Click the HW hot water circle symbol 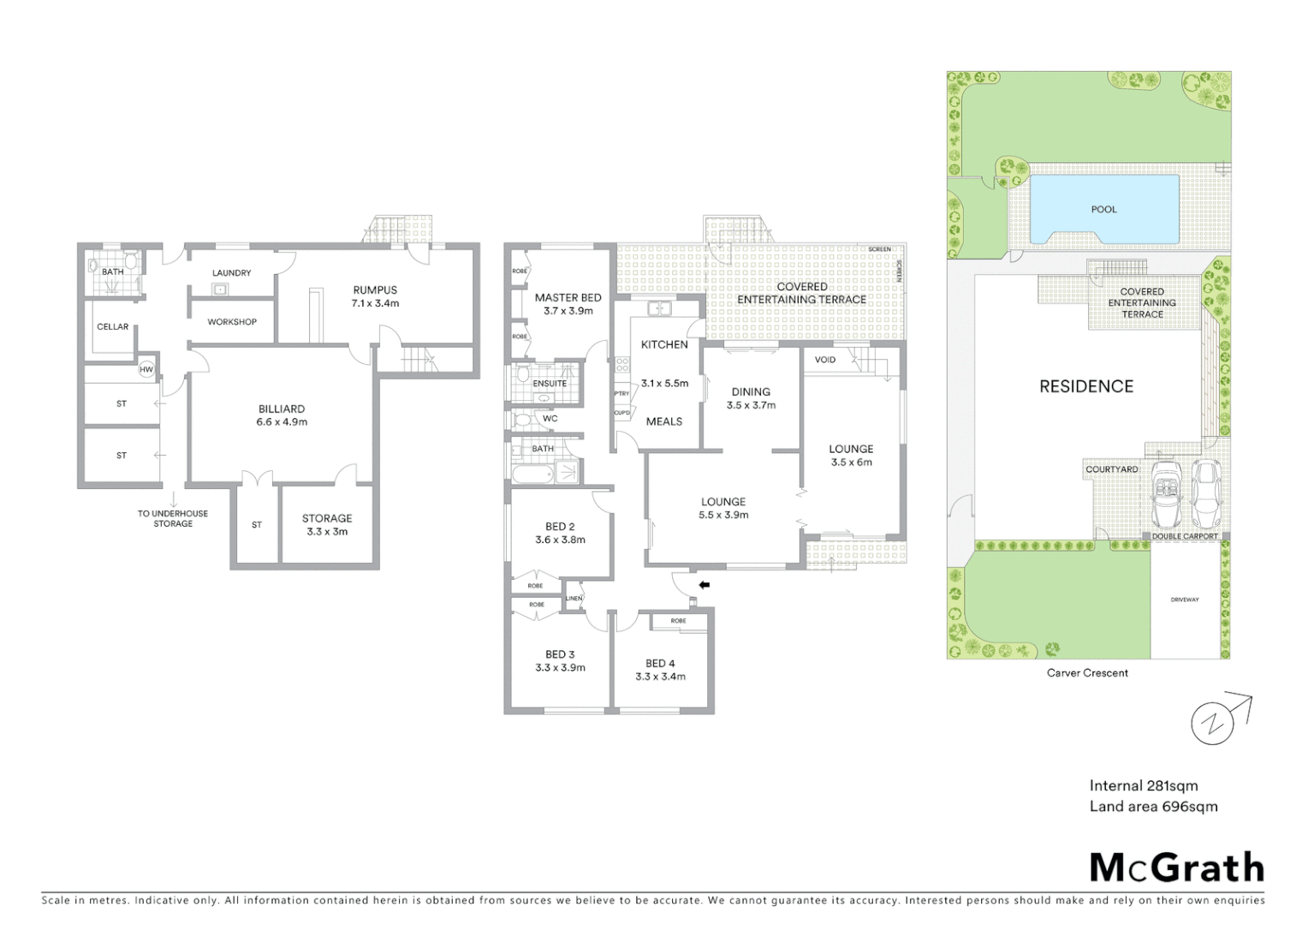tap(146, 370)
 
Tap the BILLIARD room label tap(282, 409)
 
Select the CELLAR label tap(112, 326)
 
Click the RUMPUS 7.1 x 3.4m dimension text tap(375, 303)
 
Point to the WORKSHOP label tap(232, 322)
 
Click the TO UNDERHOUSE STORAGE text tap(173, 518)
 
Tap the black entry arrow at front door tap(705, 585)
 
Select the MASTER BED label tap(568, 297)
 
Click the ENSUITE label tap(550, 384)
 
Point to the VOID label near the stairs tap(824, 360)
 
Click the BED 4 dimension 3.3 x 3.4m tap(660, 677)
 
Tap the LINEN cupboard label tap(574, 599)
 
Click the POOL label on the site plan tap(1103, 209)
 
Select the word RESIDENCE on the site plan tap(1085, 386)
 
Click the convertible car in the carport tap(1167, 496)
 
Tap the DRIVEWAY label tap(1185, 600)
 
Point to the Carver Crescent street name tap(1087, 672)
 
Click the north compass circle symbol tap(1212, 724)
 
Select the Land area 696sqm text tap(1152, 806)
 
